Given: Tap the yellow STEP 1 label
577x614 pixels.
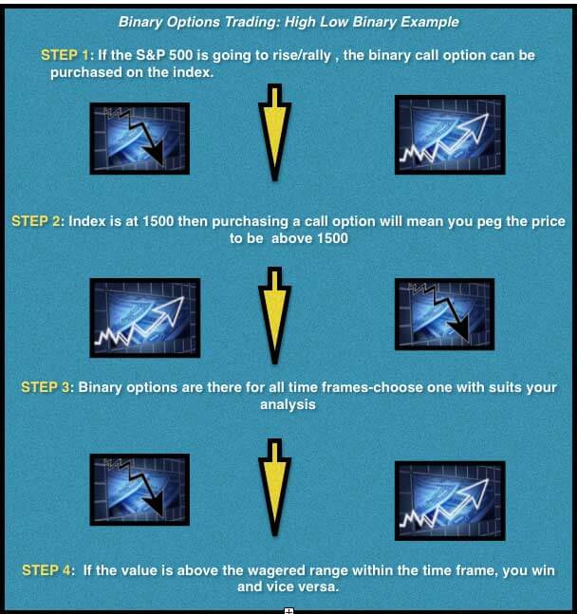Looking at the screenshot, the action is [x=65, y=55].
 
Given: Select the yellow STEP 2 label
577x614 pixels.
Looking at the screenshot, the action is [x=36, y=221].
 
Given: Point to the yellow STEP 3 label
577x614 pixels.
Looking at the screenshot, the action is [x=45, y=387].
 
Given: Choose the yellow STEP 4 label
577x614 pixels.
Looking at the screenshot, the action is [x=47, y=570].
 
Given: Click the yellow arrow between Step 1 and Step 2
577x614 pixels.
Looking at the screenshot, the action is [x=274, y=132].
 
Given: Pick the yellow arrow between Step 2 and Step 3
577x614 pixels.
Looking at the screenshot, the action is [x=274, y=316].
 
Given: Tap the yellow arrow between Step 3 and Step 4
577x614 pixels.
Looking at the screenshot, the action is [x=274, y=488].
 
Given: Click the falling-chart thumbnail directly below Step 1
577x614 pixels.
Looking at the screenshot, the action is [x=140, y=139].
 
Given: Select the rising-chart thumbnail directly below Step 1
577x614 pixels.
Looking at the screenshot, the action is [x=450, y=135].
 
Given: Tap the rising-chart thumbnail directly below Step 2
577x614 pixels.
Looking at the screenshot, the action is [x=145, y=318].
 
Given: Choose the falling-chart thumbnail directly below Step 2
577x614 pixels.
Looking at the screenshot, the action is [x=444, y=314].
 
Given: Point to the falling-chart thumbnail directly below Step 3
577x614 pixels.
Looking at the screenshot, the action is [x=140, y=490].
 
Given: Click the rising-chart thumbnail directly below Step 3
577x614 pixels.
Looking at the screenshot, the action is [x=450, y=501].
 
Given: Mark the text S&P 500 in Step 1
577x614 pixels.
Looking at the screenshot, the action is [x=164, y=55].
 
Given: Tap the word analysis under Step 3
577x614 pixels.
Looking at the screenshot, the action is [x=288, y=404].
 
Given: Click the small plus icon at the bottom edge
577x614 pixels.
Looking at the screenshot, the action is [x=288, y=610].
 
